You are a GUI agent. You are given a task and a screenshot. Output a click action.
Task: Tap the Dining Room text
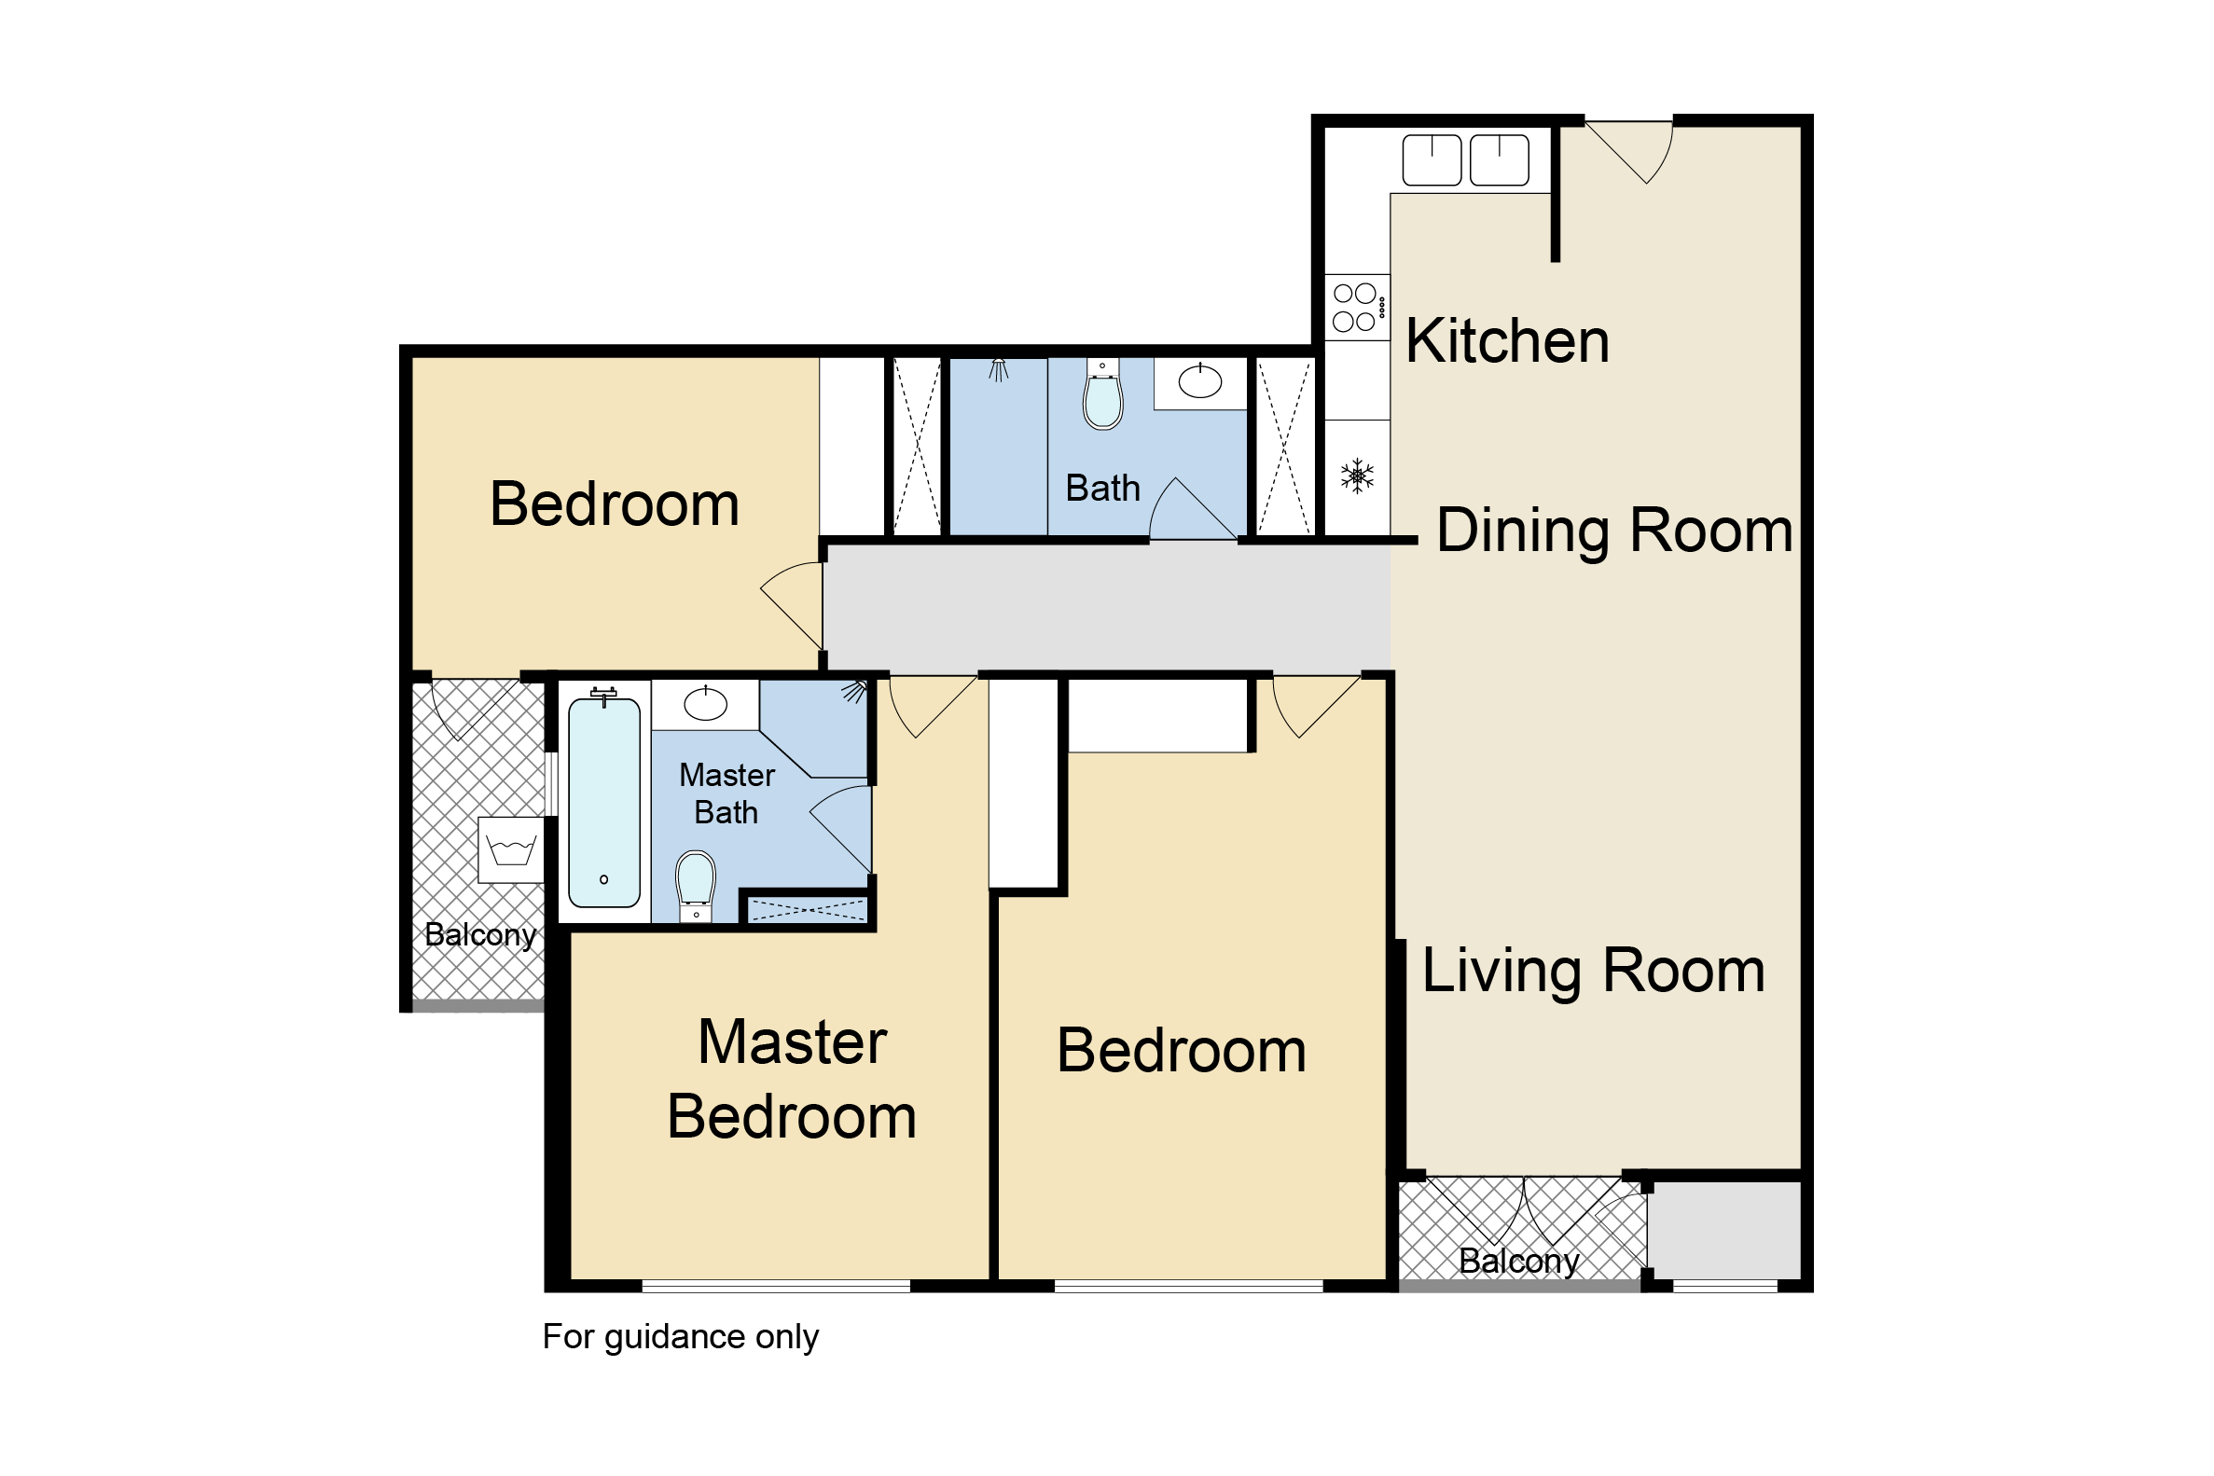coord(1614,531)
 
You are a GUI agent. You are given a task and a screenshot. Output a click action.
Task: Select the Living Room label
coord(1593,971)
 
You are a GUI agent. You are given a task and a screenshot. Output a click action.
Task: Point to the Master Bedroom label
coord(792,1079)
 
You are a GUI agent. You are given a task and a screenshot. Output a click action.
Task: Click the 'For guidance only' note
coord(681,1338)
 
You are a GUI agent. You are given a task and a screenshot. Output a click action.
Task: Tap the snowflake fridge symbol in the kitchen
coord(1356,476)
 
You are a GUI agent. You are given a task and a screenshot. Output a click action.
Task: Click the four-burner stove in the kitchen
coord(1356,307)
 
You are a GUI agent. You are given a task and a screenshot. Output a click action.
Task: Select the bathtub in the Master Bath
coord(604,800)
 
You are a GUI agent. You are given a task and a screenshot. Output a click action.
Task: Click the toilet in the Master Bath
coord(696,886)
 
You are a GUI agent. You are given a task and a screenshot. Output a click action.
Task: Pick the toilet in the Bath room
coord(1102,394)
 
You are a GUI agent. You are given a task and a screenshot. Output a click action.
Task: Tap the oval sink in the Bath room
coord(1200,381)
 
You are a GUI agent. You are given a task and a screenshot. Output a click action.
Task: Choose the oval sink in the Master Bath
coord(705,703)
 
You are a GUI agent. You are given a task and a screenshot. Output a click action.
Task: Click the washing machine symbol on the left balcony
coord(511,850)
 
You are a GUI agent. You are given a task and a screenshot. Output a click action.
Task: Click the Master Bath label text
coord(726,793)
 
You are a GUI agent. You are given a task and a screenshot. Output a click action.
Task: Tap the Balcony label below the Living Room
coord(1518,1262)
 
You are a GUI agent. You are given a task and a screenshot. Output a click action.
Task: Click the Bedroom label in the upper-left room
coord(615,504)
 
